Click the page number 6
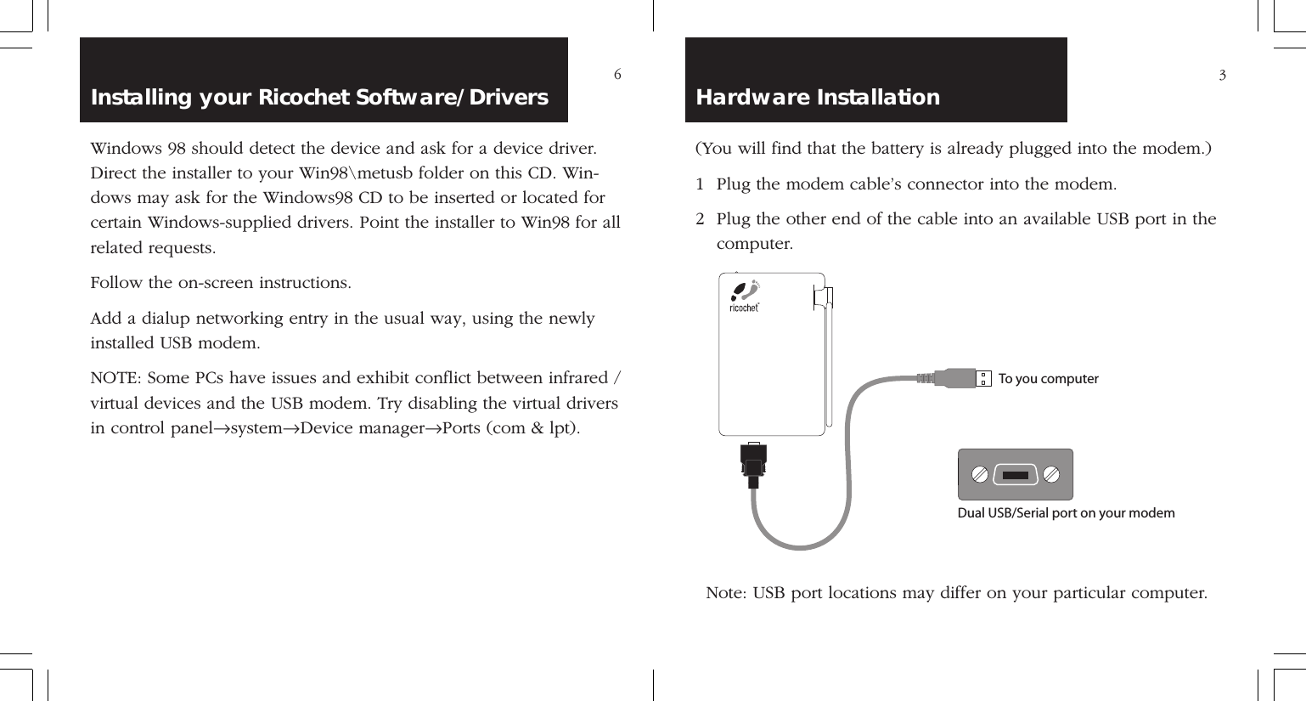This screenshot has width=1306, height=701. tap(617, 75)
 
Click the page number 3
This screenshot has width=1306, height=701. tap(1222, 76)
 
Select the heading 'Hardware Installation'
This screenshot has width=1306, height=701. tap(818, 97)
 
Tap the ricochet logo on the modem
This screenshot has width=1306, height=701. tap(745, 297)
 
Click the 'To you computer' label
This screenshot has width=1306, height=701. tap(1048, 379)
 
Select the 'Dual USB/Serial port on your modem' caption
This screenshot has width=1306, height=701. tap(1066, 513)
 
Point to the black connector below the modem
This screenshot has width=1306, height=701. tap(753, 464)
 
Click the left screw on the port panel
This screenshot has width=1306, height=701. tap(980, 474)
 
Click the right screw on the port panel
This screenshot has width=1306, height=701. tap(1050, 474)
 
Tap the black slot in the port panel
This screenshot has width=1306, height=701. tap(1015, 475)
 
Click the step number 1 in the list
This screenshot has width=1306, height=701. tap(700, 184)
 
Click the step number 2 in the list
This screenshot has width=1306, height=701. tap(700, 219)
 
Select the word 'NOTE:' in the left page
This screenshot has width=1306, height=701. tap(116, 378)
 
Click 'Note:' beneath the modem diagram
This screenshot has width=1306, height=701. tap(726, 593)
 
